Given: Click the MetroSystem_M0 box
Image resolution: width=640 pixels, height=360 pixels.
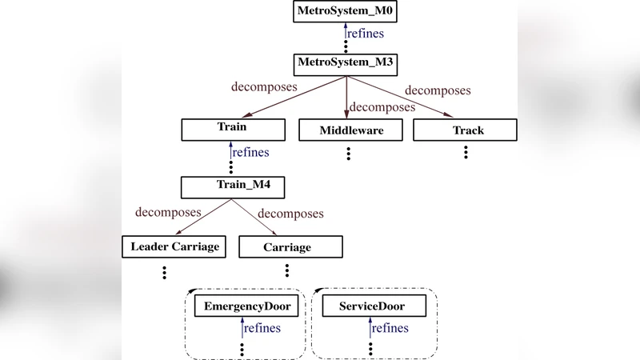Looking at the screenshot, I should click(346, 12).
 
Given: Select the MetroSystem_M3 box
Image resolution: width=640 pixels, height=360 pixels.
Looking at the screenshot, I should click(346, 63).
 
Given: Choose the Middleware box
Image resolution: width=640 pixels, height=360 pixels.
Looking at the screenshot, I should click(350, 130).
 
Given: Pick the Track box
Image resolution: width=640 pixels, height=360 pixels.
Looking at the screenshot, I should click(466, 130).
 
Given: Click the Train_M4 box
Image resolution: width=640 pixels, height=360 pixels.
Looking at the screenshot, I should click(233, 187).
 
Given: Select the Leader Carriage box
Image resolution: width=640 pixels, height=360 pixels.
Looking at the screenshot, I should click(174, 246).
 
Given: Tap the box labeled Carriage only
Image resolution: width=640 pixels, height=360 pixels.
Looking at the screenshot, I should click(290, 246).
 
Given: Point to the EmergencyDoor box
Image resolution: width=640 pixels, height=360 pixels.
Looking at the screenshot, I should click(246, 306).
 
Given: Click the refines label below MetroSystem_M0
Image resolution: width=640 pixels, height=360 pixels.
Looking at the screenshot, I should click(365, 34).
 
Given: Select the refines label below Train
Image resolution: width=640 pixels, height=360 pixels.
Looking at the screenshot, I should click(250, 152).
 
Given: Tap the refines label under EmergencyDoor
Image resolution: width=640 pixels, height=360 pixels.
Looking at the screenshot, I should click(262, 328).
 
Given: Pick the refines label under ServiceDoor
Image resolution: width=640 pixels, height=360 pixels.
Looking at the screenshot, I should click(390, 328).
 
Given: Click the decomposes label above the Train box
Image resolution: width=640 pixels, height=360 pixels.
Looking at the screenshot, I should click(264, 86).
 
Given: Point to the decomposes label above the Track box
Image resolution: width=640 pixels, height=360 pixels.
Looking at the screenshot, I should click(438, 90).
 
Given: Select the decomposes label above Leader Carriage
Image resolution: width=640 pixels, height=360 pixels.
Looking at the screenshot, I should click(169, 212).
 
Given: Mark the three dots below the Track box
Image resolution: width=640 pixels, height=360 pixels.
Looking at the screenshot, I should click(466, 152).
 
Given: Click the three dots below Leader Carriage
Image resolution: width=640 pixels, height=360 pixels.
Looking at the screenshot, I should click(164, 272).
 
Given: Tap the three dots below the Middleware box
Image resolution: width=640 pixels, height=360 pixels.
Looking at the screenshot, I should click(350, 152).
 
